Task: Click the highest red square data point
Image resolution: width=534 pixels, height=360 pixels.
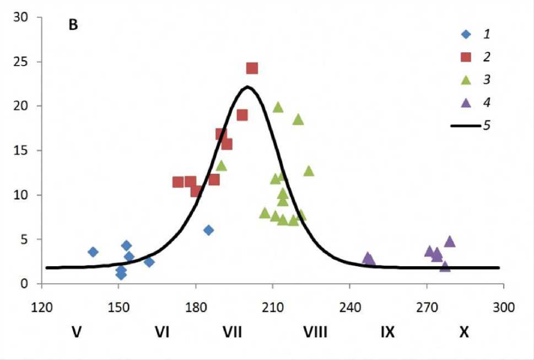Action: (x=252, y=68)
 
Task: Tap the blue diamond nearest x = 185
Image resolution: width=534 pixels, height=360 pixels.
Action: (x=208, y=230)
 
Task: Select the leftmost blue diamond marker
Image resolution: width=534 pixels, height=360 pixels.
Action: (x=93, y=252)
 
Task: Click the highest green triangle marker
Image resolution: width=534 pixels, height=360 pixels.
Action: (x=278, y=107)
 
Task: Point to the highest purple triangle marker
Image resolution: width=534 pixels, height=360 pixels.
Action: (x=450, y=241)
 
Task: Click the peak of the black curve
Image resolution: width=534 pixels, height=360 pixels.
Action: (x=247, y=87)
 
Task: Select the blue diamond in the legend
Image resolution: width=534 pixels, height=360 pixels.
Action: (x=466, y=34)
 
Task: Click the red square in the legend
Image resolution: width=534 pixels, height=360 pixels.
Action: (x=466, y=57)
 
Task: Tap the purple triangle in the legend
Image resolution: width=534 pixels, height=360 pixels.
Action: (x=466, y=103)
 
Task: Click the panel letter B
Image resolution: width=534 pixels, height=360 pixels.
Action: (x=73, y=26)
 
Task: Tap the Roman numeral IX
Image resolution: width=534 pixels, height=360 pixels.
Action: (x=387, y=332)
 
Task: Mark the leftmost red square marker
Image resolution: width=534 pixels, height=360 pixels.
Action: (x=178, y=182)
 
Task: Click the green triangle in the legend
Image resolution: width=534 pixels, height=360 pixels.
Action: (x=466, y=80)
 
